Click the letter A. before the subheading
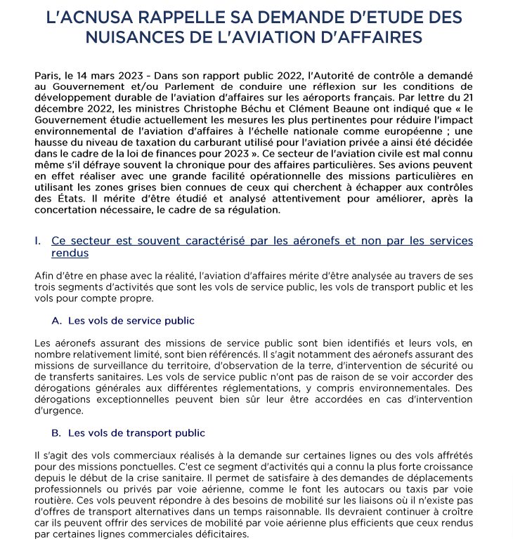57,321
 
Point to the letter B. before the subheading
57,432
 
